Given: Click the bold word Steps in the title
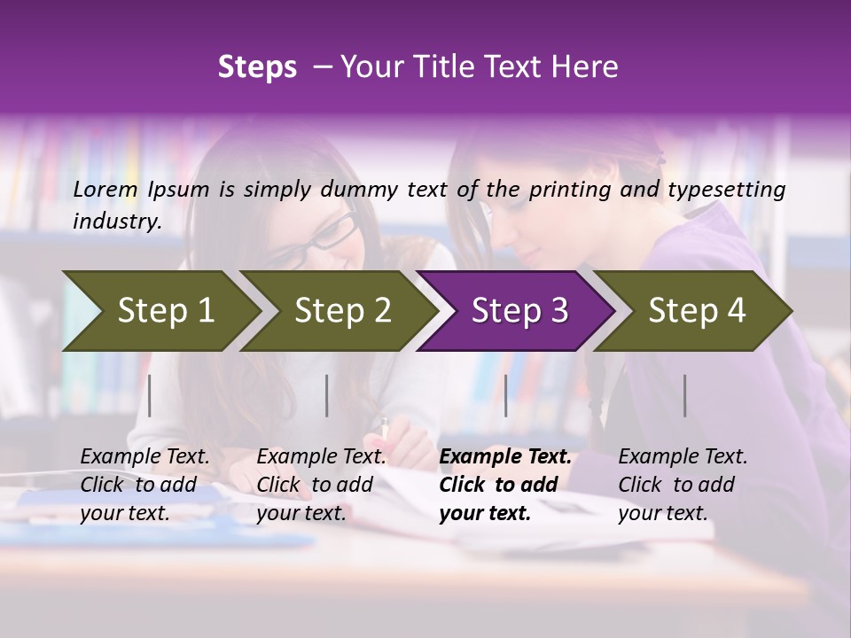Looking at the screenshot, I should click(257, 67).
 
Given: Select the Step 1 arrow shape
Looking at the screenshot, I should click(160, 311).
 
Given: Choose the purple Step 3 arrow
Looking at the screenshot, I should click(519, 311).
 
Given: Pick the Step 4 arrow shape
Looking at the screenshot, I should click(697, 311).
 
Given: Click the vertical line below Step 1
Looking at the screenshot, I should click(150, 395).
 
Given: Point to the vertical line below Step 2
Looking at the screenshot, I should click(327, 395).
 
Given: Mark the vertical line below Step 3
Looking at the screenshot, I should click(505, 395).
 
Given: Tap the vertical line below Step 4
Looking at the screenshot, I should click(685, 395).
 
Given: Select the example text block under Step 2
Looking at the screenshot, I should click(321, 485).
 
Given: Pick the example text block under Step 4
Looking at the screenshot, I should click(683, 485).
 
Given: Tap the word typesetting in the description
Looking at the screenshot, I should click(728, 190).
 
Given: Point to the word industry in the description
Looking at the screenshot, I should click(116, 222).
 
